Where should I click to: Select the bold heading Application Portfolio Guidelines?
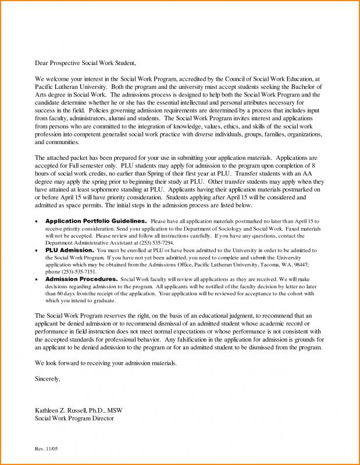pos(96,221)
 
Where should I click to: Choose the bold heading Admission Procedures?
pos(81,279)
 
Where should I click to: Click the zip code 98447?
pos(300,264)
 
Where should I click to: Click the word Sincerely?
pos(48,378)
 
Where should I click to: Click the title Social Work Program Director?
pos(74,419)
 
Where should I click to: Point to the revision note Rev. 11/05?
pos(47,449)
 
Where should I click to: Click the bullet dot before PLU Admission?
pos(37,251)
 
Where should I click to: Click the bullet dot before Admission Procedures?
pos(37,280)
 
